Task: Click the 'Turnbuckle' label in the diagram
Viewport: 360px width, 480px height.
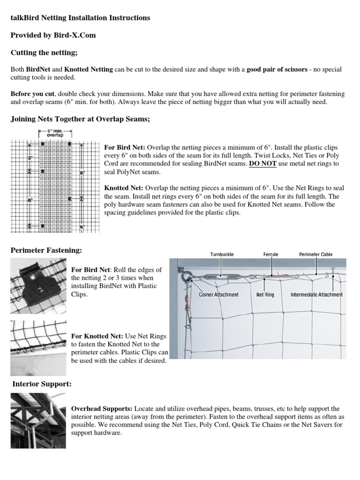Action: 221,255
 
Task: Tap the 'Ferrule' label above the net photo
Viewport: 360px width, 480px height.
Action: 270,255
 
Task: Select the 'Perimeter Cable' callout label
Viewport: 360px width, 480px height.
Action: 315,255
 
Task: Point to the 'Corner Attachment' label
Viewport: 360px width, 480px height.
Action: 218,295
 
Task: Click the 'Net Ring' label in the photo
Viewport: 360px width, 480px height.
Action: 265,295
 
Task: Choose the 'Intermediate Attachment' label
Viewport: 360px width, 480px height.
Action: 316,295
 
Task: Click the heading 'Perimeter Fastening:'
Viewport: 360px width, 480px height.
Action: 46,251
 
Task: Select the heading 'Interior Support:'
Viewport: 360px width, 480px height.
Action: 42,384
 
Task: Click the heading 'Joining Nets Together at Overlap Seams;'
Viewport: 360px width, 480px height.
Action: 80,120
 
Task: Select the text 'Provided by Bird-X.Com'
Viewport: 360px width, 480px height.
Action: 53,35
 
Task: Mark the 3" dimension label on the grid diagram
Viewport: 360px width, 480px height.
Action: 30,158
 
